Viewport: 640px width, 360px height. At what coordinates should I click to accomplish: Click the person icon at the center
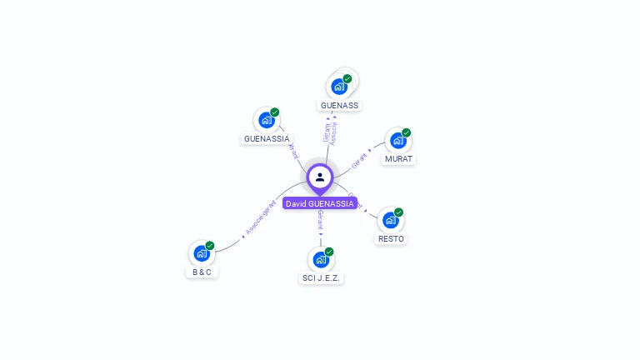tap(320, 177)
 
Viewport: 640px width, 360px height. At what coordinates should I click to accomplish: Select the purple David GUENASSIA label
tap(320, 203)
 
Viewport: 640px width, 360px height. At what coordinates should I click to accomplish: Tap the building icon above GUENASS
tap(338, 86)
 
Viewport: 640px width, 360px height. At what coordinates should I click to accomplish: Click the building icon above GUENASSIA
tap(267, 119)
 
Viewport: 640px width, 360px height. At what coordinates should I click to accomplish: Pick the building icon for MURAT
tap(397, 140)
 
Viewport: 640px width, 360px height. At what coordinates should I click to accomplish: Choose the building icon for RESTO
tap(390, 220)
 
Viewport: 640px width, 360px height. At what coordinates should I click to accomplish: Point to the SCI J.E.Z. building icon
tap(321, 259)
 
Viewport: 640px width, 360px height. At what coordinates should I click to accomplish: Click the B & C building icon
tap(201, 252)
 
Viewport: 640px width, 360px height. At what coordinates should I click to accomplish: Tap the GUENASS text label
tap(339, 106)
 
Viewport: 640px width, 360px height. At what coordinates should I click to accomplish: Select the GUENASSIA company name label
tap(267, 138)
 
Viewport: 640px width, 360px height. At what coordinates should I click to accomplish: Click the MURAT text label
tap(398, 159)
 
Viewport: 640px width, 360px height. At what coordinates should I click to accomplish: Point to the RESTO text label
tap(391, 239)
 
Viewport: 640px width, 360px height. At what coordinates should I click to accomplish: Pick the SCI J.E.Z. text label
tap(322, 278)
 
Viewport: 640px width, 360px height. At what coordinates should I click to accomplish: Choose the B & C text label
tap(202, 272)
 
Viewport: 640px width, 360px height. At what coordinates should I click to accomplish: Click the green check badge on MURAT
tap(407, 132)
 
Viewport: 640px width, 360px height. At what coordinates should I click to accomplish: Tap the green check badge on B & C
tap(210, 245)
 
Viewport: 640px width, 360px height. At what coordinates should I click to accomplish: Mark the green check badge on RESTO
tap(399, 212)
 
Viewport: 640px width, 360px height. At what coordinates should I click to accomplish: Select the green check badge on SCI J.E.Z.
tap(329, 252)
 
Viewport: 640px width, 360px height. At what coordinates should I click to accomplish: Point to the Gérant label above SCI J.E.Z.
tap(320, 221)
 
